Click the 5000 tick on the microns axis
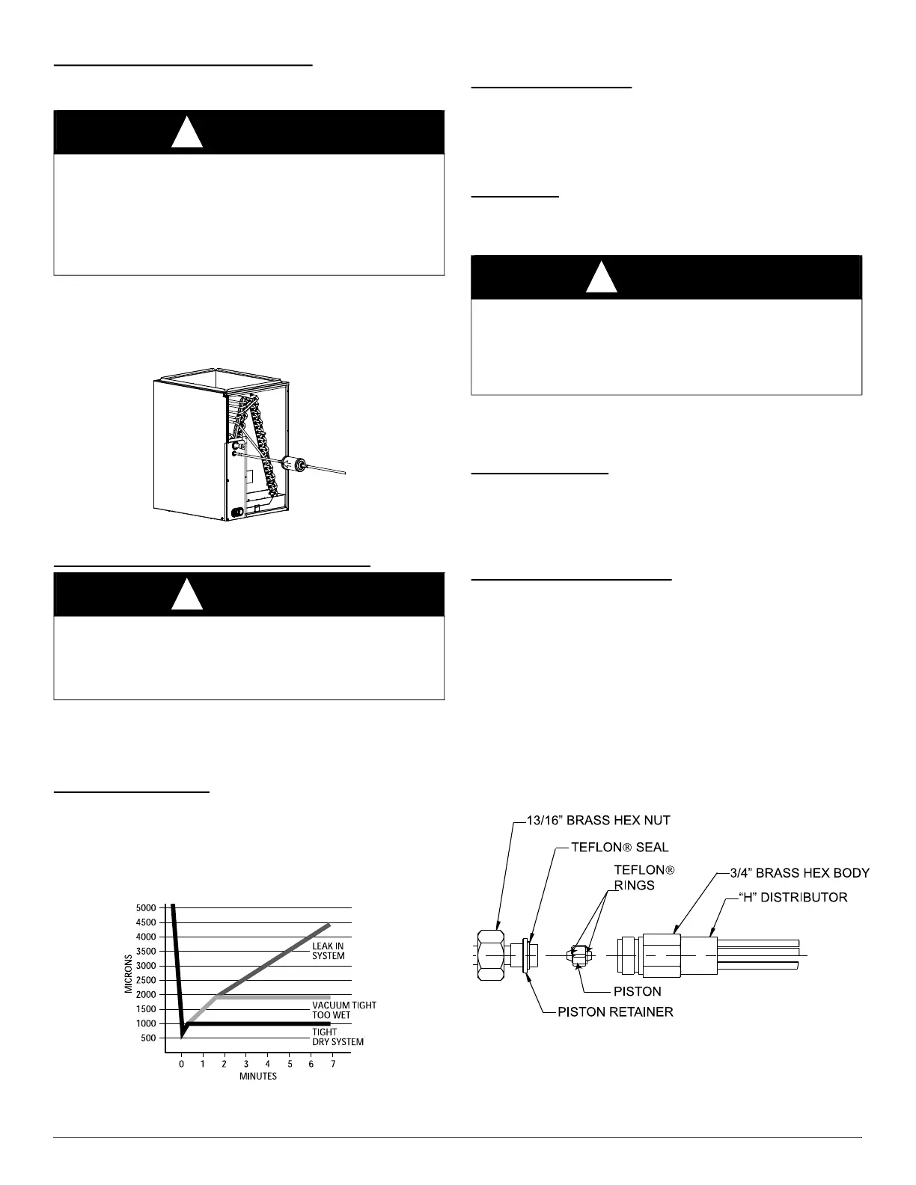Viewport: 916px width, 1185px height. pos(147,907)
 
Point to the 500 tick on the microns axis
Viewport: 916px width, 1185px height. pos(149,1038)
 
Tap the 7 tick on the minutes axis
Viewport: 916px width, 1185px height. pos(333,1064)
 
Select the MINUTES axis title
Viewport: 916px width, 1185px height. pos(258,1077)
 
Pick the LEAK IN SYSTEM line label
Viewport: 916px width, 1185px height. pos(328,952)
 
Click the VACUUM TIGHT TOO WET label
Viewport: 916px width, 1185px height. pos(343,1011)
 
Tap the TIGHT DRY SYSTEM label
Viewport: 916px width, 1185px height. pos(338,1037)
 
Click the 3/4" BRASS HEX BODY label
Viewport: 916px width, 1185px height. pos(799,873)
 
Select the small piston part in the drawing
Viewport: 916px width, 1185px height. pos(578,956)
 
